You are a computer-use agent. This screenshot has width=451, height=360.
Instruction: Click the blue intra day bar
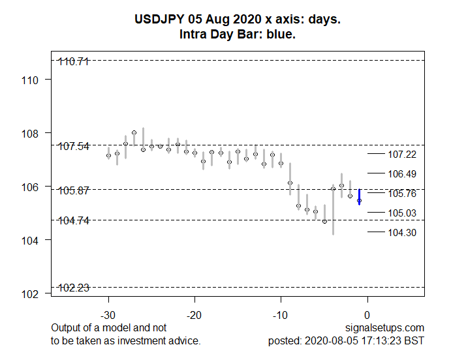click(359, 197)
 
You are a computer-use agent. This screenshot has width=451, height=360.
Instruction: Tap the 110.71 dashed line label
click(74, 62)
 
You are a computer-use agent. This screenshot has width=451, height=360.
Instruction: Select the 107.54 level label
click(74, 146)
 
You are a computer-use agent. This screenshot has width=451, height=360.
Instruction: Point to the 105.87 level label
click(74, 190)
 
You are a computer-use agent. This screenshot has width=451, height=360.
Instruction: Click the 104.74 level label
click(74, 220)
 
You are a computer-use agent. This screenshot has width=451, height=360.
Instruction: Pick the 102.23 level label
click(74, 288)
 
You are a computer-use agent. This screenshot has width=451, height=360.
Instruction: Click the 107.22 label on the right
click(402, 155)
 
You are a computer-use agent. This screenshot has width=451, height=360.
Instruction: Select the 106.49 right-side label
click(402, 174)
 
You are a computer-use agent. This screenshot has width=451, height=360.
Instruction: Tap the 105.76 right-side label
click(402, 194)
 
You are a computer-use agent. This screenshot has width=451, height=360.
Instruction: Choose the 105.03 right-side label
click(402, 213)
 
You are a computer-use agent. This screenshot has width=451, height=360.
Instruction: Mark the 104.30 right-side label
click(402, 233)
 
